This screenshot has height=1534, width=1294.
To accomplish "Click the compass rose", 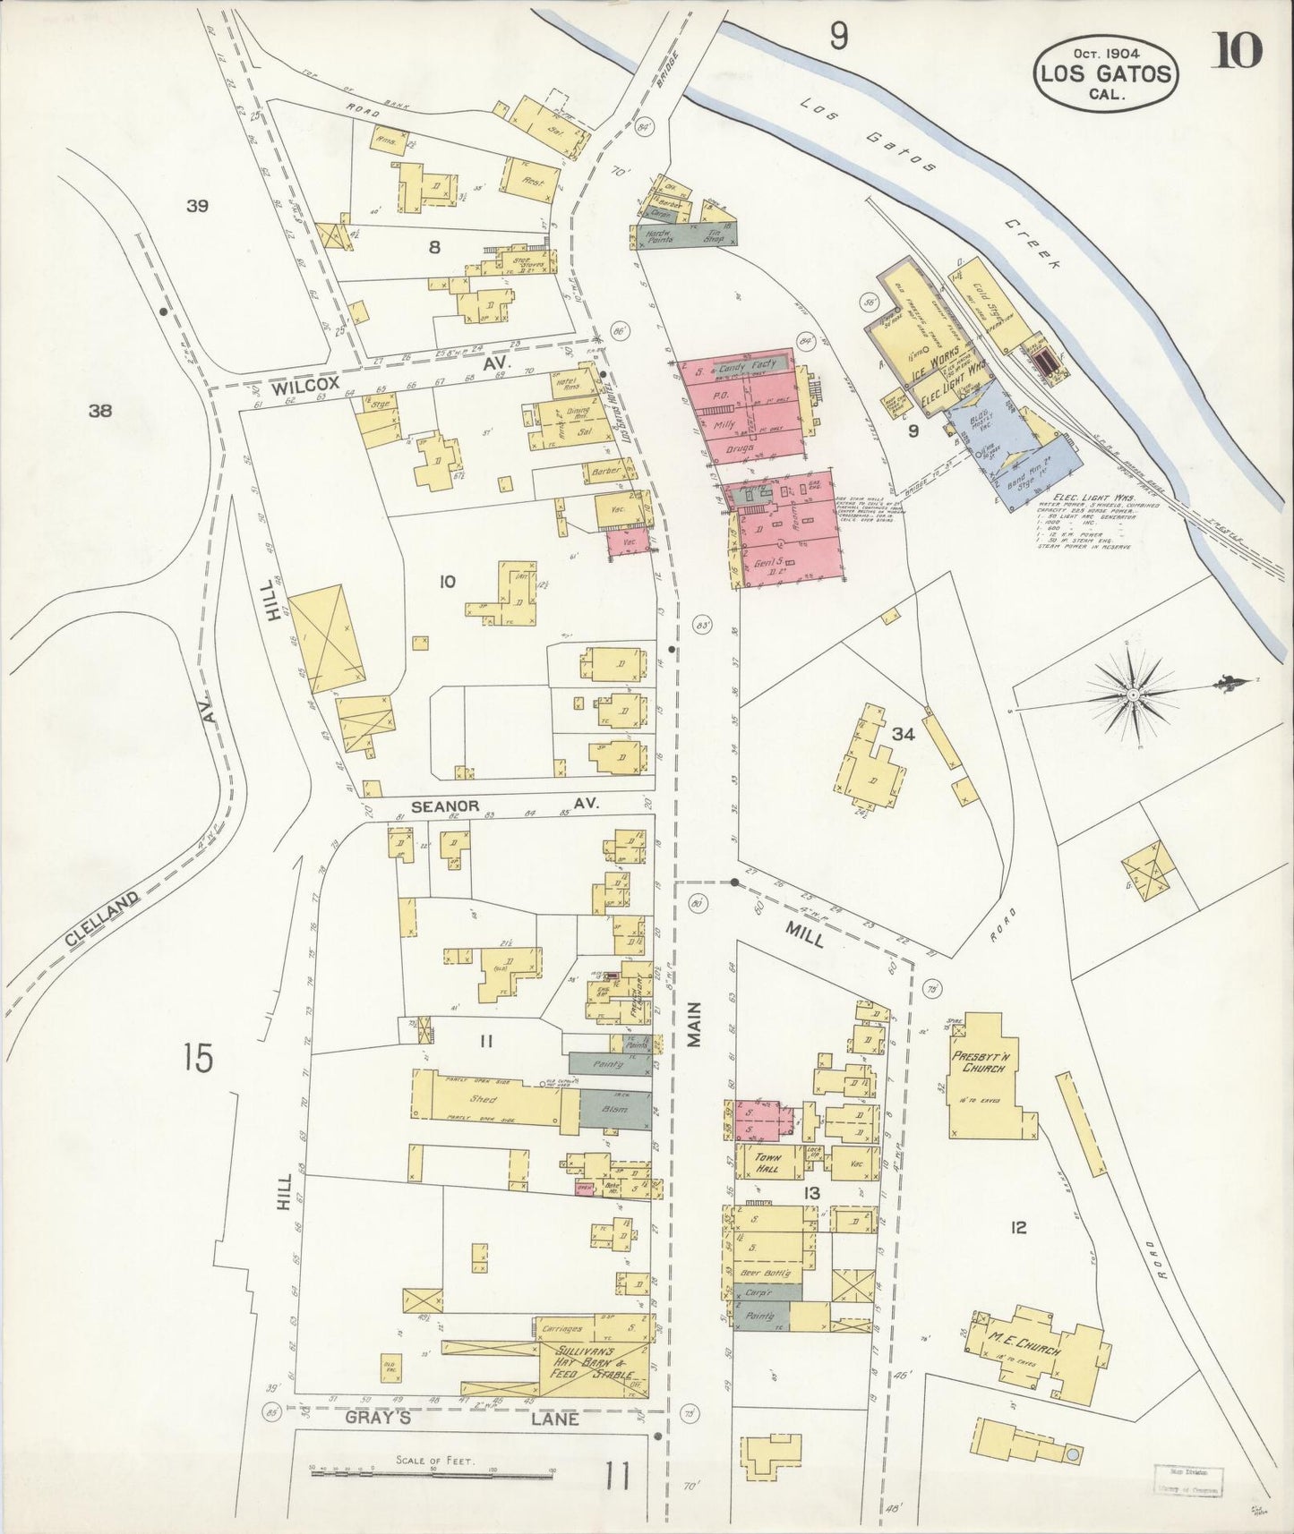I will tap(1133, 694).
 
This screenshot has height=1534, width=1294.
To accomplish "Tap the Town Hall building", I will tap(767, 1163).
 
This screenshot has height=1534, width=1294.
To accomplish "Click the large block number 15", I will tap(198, 1058).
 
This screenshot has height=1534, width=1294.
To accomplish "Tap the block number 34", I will tap(903, 735).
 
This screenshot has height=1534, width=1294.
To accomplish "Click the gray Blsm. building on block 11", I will tap(614, 1108).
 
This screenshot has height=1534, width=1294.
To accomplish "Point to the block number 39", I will tap(197, 207).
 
